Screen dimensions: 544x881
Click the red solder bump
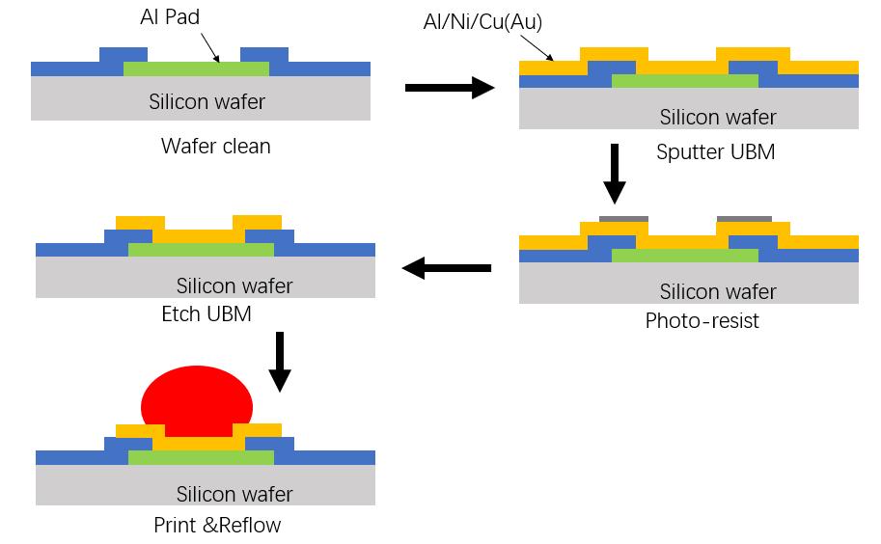point(197,402)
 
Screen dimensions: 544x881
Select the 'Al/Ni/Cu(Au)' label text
point(482,21)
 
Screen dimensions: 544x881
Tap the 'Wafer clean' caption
point(215,147)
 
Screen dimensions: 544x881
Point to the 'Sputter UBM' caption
point(715,151)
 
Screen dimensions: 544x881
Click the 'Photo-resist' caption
point(702,321)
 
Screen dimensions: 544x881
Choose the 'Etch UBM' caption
point(206,313)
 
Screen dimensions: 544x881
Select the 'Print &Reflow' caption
point(217,526)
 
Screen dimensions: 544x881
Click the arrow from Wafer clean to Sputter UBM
point(449,89)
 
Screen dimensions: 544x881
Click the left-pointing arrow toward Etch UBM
point(446,268)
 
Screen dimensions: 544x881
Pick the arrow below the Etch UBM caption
point(279,362)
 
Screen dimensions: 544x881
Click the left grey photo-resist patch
point(623,218)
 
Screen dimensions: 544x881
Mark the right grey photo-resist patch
point(744,218)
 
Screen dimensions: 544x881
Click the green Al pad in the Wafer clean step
point(197,69)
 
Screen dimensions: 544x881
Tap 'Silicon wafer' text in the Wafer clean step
point(206,102)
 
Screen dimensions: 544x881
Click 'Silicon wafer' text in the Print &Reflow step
point(234,495)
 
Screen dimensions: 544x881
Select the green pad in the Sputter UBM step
point(685,81)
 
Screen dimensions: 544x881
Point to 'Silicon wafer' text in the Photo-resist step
point(718,291)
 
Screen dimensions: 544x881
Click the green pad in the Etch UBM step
point(201,250)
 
